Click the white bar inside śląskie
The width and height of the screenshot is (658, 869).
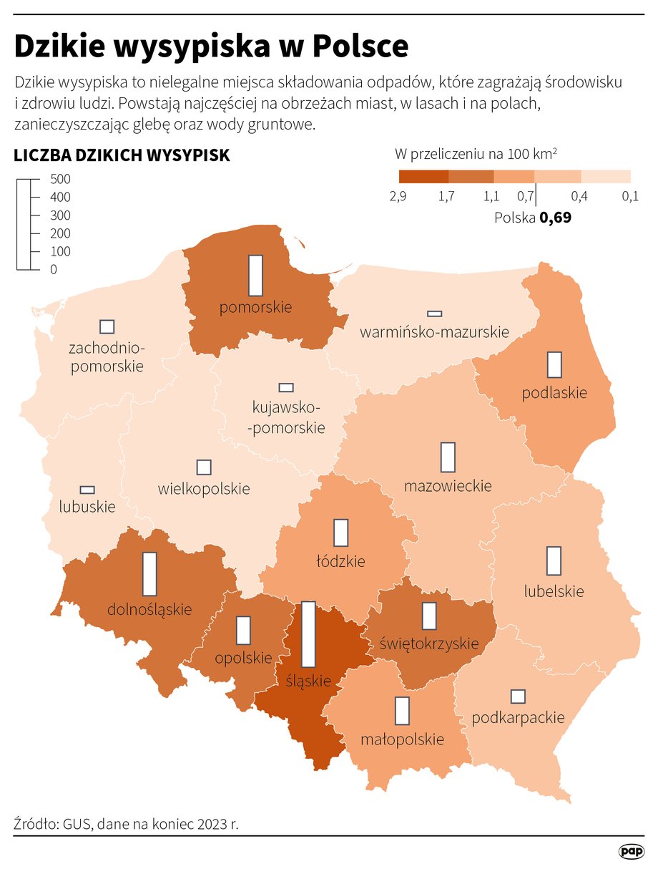[309, 634]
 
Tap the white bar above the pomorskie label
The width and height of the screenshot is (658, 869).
[255, 275]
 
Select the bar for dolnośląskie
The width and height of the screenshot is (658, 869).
[149, 573]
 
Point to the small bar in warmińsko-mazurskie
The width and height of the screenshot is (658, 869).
[434, 314]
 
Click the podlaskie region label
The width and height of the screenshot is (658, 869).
[554, 392]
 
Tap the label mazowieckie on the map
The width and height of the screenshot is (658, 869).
[448, 486]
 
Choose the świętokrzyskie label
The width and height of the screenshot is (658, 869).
[429, 644]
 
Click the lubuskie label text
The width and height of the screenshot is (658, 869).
[87, 506]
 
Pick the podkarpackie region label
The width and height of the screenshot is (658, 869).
[519, 717]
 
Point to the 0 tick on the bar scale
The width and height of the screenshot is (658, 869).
[54, 269]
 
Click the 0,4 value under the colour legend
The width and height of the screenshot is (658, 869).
[579, 197]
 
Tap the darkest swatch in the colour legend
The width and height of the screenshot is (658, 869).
[423, 177]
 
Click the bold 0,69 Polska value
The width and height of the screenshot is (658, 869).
[555, 218]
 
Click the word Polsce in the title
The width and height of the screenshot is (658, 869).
[361, 47]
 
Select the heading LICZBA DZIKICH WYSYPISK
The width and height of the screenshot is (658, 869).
[122, 155]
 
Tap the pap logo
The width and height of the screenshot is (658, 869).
[631, 850]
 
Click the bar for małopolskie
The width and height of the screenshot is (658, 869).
[403, 711]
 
